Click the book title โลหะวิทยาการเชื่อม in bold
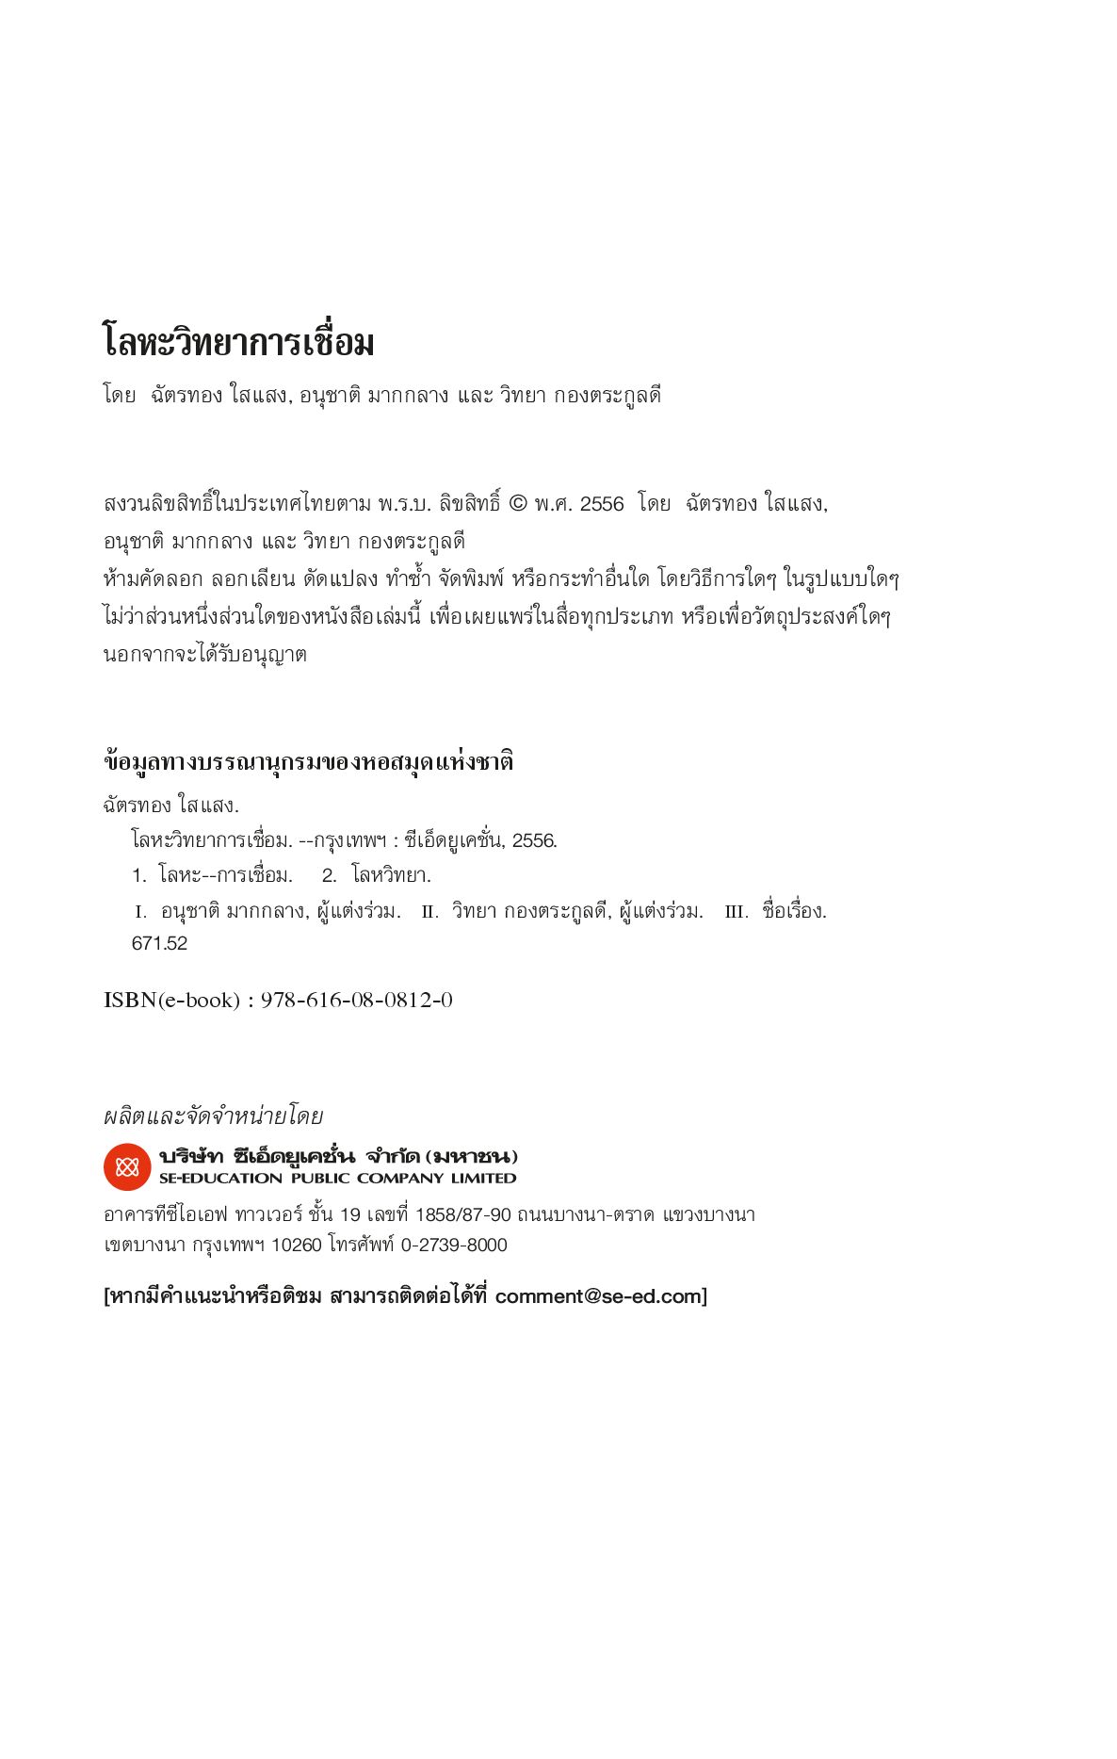click(x=238, y=342)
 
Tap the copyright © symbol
click(x=518, y=504)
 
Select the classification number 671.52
click(x=159, y=944)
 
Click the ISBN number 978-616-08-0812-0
click(x=356, y=1001)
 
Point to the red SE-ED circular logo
click(x=127, y=1167)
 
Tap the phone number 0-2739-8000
click(x=454, y=1246)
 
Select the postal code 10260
click(x=296, y=1246)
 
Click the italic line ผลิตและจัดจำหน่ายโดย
click(x=213, y=1116)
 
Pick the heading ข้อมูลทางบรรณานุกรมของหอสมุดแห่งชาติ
click(x=308, y=761)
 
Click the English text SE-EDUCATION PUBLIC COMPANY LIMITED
click(x=337, y=1179)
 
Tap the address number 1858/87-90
click(x=462, y=1215)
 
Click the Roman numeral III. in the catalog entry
click(x=737, y=912)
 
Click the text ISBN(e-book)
click(x=171, y=1001)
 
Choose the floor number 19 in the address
click(x=349, y=1215)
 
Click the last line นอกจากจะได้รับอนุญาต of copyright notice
click(x=204, y=655)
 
